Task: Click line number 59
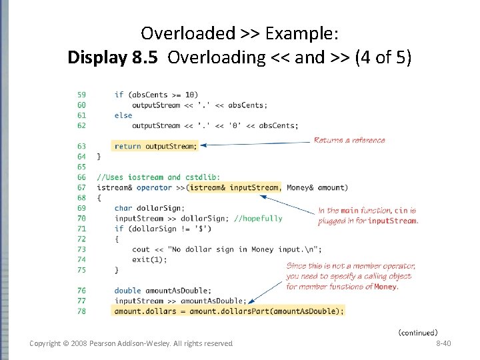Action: tap(81, 95)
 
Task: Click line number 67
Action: tap(81, 187)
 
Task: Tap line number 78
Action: tap(81, 311)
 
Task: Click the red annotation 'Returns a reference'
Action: tap(349, 140)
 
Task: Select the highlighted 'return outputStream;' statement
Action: tap(156, 146)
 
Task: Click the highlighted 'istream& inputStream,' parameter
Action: tap(235, 187)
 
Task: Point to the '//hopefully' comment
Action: tap(258, 218)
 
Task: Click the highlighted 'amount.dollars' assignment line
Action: tap(229, 311)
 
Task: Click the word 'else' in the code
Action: tap(123, 115)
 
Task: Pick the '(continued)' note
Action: tap(418, 332)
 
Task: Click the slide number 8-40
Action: tap(443, 343)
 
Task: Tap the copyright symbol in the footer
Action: tap(68, 343)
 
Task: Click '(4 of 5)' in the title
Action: tap(383, 57)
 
